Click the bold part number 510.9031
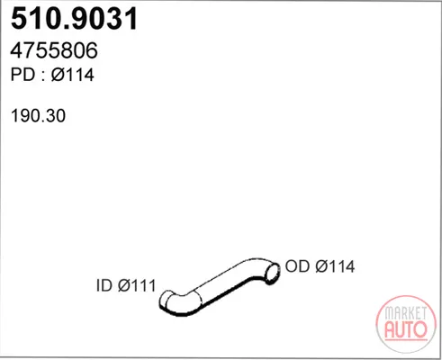(74, 19)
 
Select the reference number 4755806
(54, 50)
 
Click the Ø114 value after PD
(72, 75)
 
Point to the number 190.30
(38, 116)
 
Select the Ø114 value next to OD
(335, 266)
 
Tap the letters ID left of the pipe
(104, 285)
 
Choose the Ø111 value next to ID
(137, 285)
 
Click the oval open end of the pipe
(272, 273)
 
